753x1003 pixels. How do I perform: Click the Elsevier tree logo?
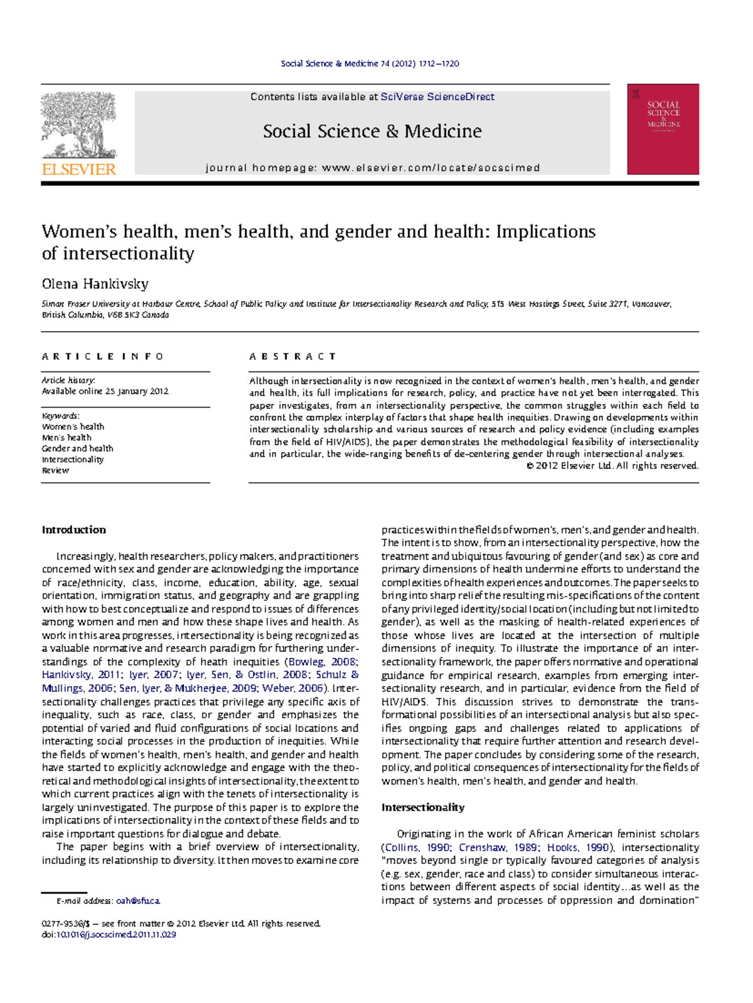(x=79, y=125)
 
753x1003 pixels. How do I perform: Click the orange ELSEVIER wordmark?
(x=79, y=169)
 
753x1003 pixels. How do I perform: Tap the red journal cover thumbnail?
(x=663, y=129)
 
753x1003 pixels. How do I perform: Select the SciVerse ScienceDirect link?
(x=437, y=97)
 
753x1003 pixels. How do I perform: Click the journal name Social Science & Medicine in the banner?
(x=372, y=131)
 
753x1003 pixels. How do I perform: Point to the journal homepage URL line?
(x=372, y=167)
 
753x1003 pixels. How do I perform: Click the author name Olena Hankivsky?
(x=95, y=284)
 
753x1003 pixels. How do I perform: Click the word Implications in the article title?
(x=545, y=231)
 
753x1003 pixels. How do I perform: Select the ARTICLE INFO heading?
(x=102, y=356)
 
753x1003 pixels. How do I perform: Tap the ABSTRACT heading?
(x=292, y=356)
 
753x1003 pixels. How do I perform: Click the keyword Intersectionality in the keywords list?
(x=73, y=459)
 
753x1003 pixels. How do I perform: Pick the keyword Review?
(x=55, y=470)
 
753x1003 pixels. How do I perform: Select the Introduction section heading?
(x=73, y=529)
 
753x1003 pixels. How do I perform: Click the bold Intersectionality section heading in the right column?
(x=422, y=807)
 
